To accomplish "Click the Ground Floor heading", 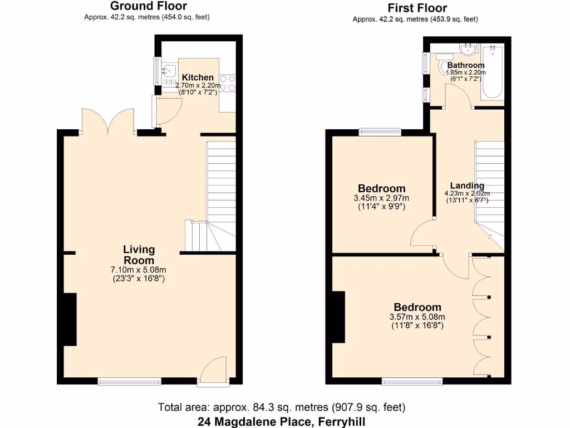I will [148, 6].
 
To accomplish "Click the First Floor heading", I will [417, 8].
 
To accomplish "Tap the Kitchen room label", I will [198, 77].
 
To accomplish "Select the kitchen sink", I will [168, 71].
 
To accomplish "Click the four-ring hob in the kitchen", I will [228, 83].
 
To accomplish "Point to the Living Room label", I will [139, 255].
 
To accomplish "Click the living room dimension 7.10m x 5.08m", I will [139, 270].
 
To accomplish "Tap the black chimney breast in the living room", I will [70, 319].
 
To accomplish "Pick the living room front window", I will [129, 382].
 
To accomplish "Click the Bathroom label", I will [469, 65].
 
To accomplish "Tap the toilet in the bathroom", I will [446, 67].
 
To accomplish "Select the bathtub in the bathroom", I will [493, 72].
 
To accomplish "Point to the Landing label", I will [467, 186].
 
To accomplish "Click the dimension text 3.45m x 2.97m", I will [381, 198].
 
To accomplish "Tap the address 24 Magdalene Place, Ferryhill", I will [281, 421].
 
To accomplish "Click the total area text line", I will [282, 407].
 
